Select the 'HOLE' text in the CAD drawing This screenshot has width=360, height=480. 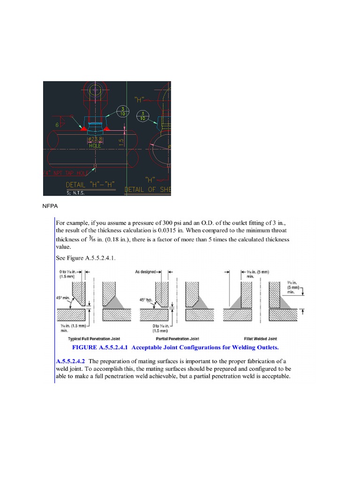pyautogui.click(x=95, y=146)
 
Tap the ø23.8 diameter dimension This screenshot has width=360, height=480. pyautogui.click(x=95, y=140)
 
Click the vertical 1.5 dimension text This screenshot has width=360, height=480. pyautogui.click(x=121, y=142)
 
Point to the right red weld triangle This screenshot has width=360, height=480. pyautogui.click(x=107, y=128)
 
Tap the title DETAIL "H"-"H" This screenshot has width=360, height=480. pyautogui.click(x=90, y=185)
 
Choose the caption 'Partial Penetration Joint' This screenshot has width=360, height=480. pyautogui.click(x=177, y=338)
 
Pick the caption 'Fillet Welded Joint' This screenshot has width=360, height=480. pyautogui.click(x=260, y=338)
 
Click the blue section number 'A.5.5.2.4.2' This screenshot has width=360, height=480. pyautogui.click(x=70, y=361)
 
